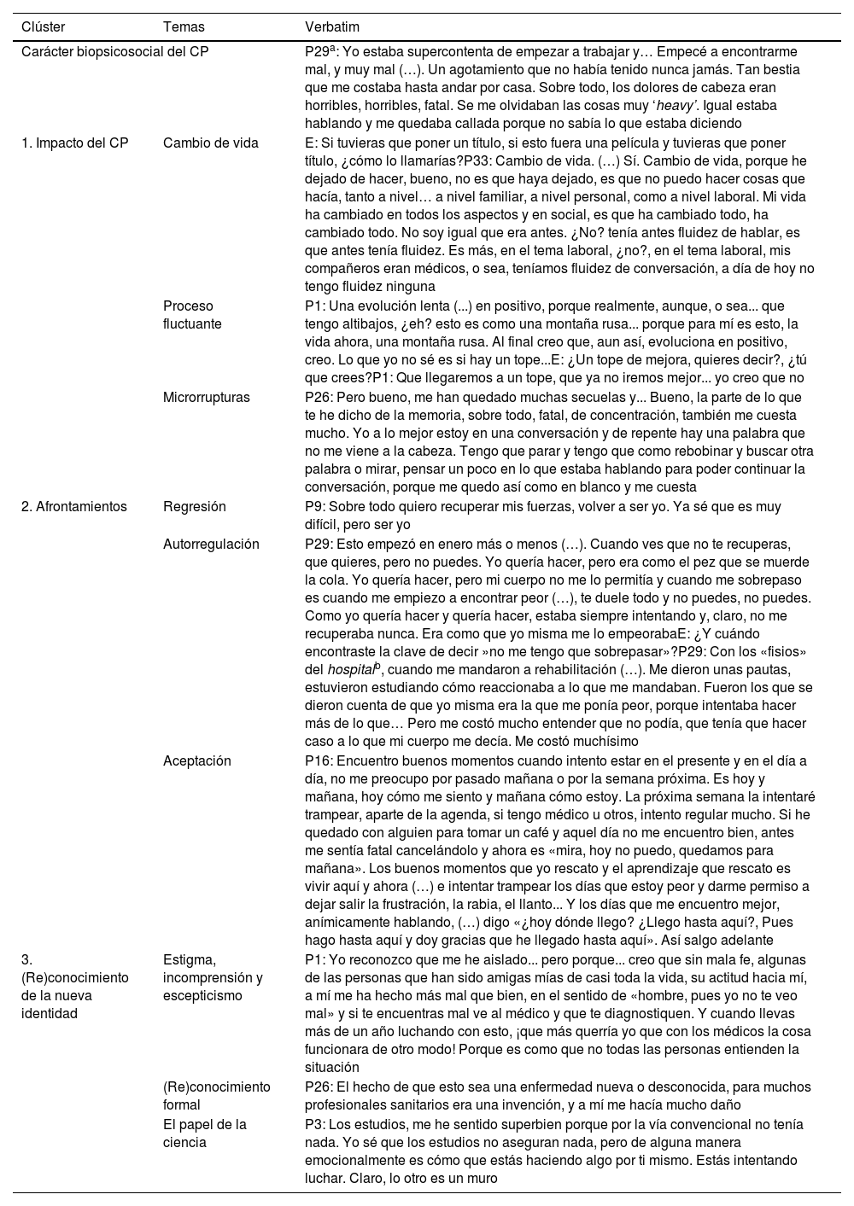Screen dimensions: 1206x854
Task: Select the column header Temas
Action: pos(184,27)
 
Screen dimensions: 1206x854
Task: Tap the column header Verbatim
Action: pos(329,27)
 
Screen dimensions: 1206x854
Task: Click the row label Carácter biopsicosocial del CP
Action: pos(114,52)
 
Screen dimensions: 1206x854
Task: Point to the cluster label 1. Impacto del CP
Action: pos(74,143)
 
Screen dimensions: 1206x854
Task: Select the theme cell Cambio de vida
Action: pos(210,143)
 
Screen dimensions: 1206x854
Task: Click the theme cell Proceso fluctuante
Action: pos(192,315)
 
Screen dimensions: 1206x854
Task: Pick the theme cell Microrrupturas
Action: pos(206,397)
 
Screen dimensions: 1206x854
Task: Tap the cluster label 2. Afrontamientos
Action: pos(73,506)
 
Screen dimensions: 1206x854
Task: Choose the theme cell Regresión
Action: pos(194,506)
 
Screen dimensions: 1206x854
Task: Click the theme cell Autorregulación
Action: pos(211,544)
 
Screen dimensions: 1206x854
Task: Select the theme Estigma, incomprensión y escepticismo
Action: pos(213,977)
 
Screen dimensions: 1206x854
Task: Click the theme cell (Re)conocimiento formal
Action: pos(216,1096)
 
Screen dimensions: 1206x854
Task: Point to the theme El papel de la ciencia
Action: pos(204,1133)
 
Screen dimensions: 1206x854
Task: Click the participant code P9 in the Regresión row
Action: pos(313,506)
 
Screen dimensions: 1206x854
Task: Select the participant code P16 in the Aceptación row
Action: pos(317,760)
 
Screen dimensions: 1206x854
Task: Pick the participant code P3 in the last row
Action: pos(313,1124)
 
